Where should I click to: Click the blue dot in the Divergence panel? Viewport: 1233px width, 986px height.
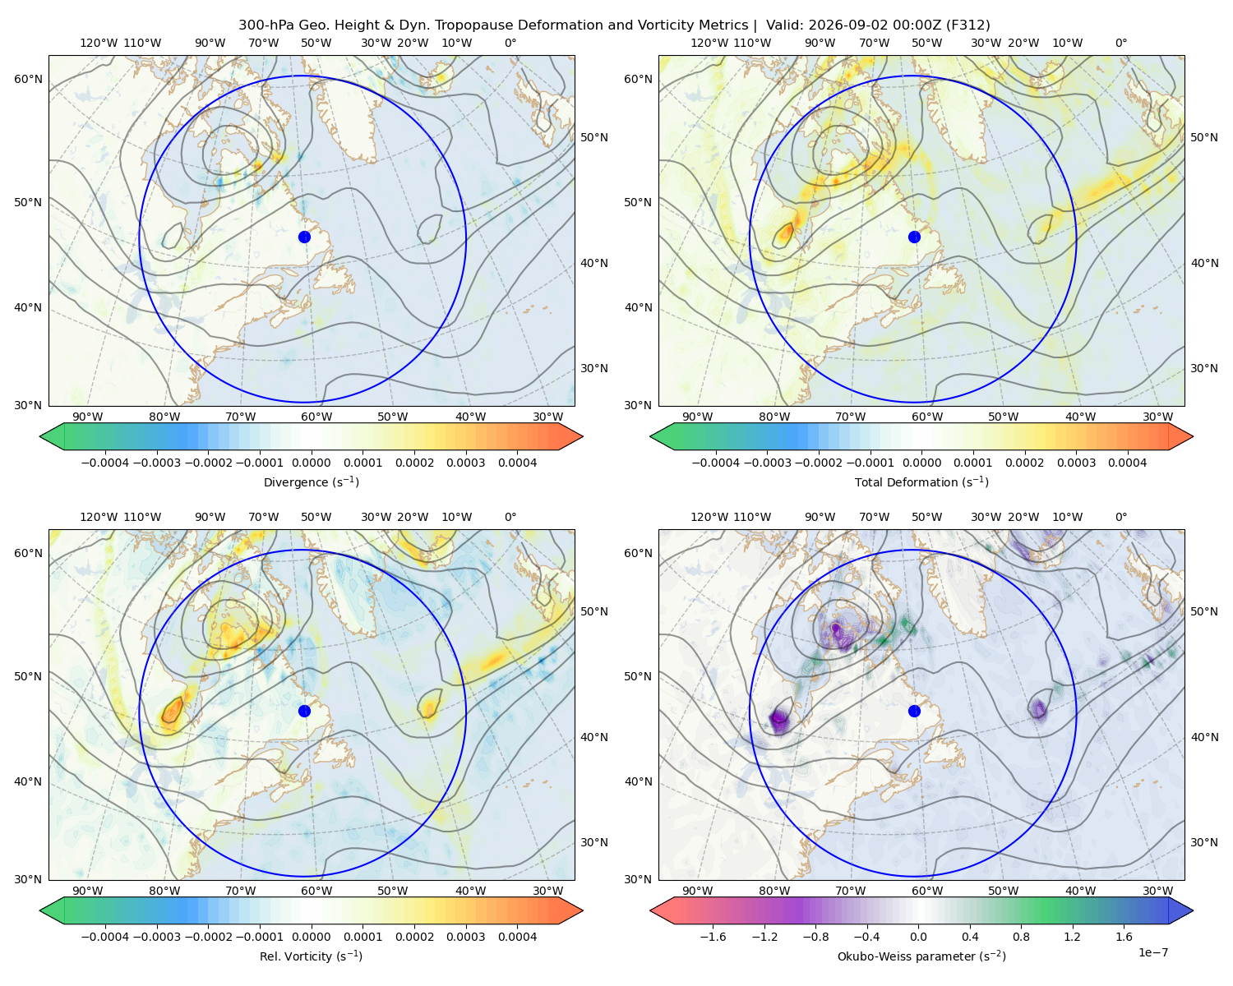[304, 237]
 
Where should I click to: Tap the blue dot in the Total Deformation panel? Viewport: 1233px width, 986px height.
[914, 237]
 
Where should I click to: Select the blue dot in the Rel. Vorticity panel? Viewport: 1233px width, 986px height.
[304, 711]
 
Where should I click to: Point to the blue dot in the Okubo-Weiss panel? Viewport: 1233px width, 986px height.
[914, 711]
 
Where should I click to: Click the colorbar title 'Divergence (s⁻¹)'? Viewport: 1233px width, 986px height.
[311, 481]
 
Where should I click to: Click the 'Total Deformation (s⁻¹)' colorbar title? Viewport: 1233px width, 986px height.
[921, 481]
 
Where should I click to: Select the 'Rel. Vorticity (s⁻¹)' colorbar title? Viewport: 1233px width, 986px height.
[311, 956]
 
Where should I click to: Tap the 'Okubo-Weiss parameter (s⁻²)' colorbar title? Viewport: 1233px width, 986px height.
[921, 956]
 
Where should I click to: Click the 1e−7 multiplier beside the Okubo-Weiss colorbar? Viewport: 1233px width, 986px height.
[1152, 952]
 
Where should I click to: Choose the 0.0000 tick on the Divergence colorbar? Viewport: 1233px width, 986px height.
[311, 463]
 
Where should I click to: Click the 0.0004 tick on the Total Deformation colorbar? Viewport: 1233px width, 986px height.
[1127, 463]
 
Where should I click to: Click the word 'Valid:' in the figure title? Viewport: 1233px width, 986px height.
[784, 25]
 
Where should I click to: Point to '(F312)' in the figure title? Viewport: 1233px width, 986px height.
[968, 25]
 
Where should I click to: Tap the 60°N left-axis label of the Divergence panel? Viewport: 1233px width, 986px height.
[28, 79]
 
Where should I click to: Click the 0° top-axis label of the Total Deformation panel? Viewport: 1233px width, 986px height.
[1120, 43]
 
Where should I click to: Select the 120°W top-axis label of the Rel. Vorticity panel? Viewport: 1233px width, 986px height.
[99, 517]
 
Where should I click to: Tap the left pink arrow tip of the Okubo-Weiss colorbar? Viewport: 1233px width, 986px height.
[651, 910]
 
